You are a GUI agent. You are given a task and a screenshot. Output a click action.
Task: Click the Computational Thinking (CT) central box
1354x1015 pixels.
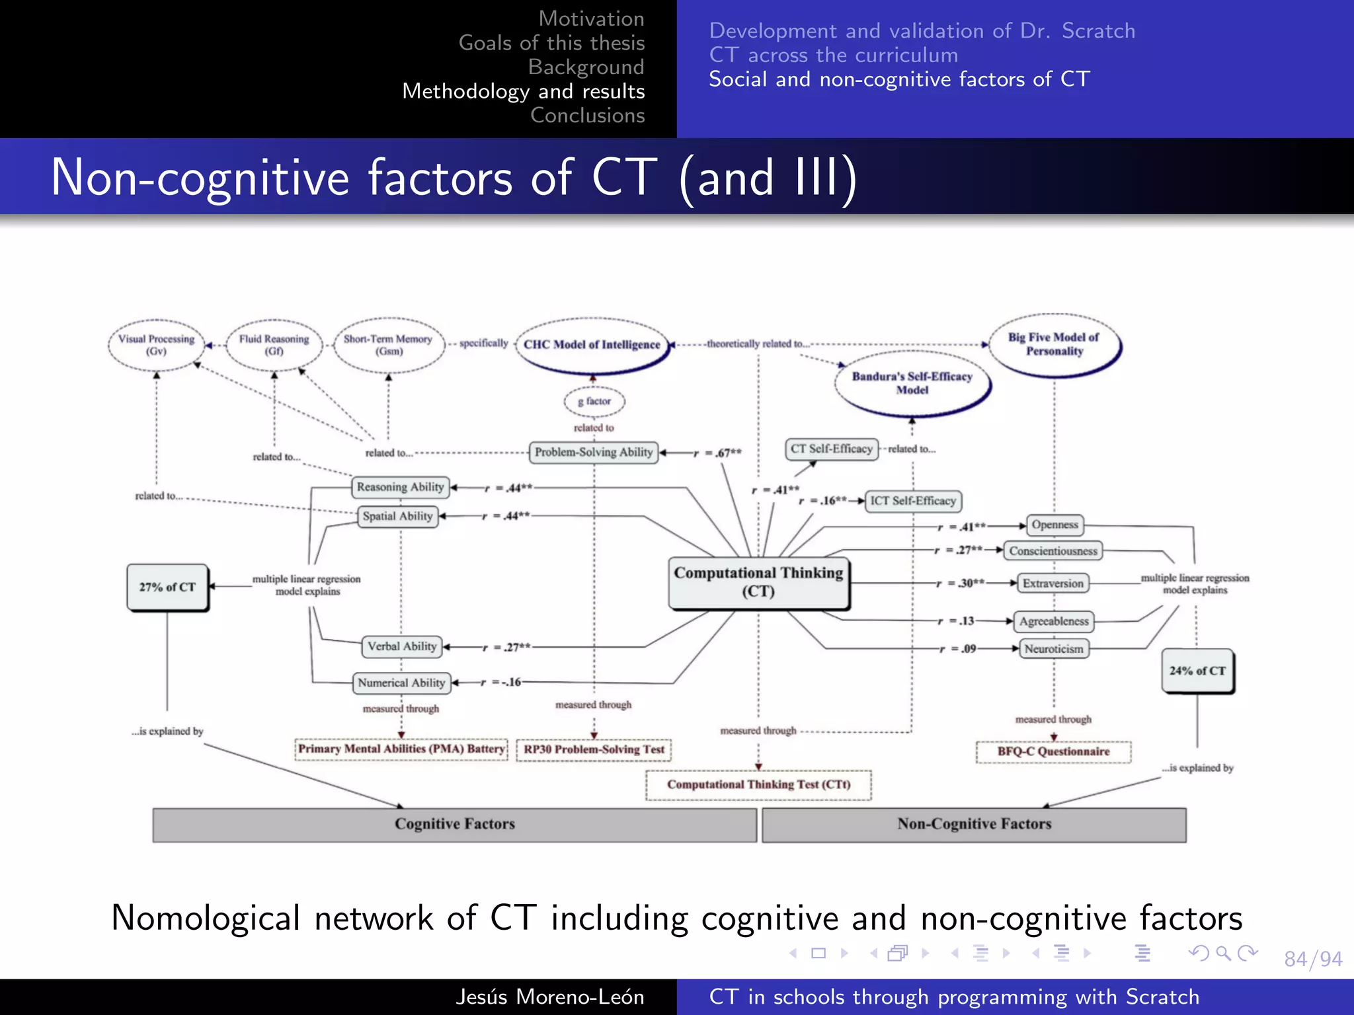coord(758,582)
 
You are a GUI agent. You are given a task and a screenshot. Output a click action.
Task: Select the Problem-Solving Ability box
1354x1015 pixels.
coord(593,452)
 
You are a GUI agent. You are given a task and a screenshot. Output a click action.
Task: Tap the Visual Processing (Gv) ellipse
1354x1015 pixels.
coord(157,345)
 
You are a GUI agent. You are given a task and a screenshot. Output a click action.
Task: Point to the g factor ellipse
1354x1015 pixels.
coord(594,401)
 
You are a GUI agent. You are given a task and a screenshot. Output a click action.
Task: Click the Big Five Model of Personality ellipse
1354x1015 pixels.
coord(1054,344)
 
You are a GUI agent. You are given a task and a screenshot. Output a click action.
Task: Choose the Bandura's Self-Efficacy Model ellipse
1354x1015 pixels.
coord(912,383)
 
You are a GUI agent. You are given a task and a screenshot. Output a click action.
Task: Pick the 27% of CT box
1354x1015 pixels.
coord(167,587)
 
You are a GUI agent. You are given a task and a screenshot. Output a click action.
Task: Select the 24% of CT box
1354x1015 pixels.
coord(1197,671)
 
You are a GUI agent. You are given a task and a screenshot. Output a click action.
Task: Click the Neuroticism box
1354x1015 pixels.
coord(1053,649)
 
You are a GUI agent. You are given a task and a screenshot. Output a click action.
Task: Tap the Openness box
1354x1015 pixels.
coord(1055,525)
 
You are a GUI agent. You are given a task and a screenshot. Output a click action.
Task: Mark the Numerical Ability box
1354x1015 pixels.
coord(401,683)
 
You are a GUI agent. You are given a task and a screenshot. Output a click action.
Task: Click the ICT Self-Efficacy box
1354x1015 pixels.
coord(912,501)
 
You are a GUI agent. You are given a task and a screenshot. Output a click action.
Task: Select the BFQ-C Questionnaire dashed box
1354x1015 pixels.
coord(1053,752)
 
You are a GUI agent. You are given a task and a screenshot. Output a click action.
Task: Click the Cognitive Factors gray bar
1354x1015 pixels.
coord(454,824)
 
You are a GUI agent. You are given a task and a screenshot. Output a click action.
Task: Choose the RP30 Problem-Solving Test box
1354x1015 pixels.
coord(594,749)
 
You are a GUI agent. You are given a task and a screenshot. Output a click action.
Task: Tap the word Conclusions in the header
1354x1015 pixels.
coord(587,116)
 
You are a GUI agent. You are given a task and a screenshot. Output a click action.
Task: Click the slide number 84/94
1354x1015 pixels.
coord(1312,959)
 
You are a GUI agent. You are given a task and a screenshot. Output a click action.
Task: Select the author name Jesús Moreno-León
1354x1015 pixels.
coord(549,996)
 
